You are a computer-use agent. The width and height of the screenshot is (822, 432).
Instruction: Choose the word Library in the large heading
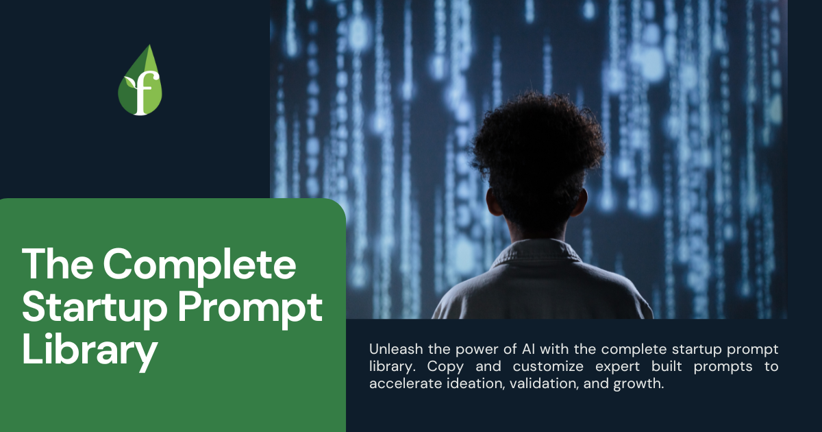pyautogui.click(x=90, y=350)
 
